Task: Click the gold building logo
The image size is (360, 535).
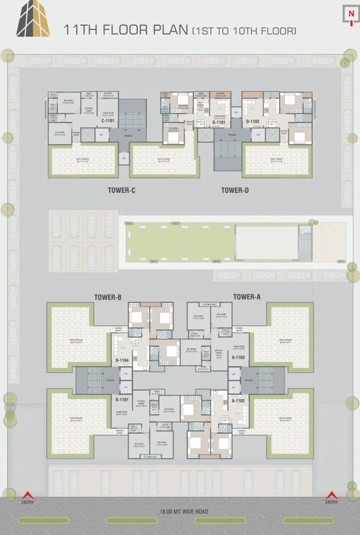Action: [33, 19]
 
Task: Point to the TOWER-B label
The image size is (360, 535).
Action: [108, 297]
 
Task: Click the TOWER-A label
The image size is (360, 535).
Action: [246, 297]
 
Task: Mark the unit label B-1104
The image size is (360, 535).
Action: [123, 360]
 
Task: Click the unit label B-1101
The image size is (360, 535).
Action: [123, 400]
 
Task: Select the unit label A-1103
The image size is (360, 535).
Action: [238, 357]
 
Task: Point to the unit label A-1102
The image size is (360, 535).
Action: [238, 401]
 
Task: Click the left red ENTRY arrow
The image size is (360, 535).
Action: [27, 496]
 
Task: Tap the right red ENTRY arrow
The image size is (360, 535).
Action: [332, 496]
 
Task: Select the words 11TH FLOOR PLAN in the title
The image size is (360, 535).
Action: [125, 30]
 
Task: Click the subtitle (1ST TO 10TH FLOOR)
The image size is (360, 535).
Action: [244, 31]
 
